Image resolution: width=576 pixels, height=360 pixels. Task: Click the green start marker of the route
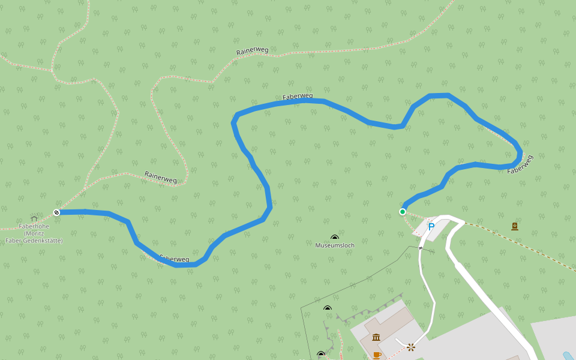pyautogui.click(x=403, y=211)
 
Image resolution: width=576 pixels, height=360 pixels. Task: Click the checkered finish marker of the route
pyautogui.click(x=56, y=212)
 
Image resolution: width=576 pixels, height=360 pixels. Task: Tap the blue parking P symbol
pyautogui.click(x=431, y=227)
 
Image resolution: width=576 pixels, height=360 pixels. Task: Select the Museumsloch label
pyautogui.click(x=335, y=245)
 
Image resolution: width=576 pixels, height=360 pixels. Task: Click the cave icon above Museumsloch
pyautogui.click(x=335, y=238)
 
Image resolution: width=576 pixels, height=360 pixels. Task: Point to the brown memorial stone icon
pyautogui.click(x=515, y=226)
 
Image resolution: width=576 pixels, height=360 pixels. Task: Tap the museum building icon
pyautogui.click(x=376, y=337)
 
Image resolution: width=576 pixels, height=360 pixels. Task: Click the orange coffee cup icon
pyautogui.click(x=376, y=355)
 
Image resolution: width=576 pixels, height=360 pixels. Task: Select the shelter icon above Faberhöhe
pyautogui.click(x=34, y=218)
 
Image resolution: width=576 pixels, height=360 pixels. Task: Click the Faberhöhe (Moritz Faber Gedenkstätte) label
pyautogui.click(x=34, y=233)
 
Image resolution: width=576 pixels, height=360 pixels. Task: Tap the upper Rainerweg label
pyautogui.click(x=252, y=51)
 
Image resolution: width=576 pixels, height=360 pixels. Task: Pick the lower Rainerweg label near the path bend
pyautogui.click(x=161, y=177)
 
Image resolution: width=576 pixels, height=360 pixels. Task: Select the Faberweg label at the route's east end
pyautogui.click(x=520, y=164)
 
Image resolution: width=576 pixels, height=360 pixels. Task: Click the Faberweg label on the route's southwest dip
pyautogui.click(x=175, y=259)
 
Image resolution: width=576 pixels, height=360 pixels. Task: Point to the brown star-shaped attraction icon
pyautogui.click(x=411, y=347)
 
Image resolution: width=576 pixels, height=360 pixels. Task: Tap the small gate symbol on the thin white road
pyautogui.click(x=421, y=247)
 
